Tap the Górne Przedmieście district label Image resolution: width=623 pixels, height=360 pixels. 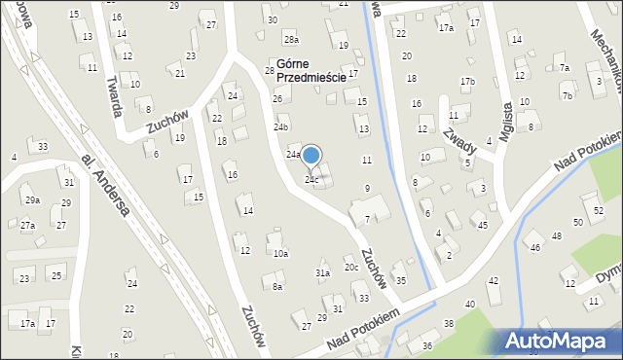(311, 71)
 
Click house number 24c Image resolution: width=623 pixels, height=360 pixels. (311, 180)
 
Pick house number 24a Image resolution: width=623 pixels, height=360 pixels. (293, 155)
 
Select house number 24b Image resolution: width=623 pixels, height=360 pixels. (281, 127)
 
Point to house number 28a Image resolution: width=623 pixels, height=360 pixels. (291, 40)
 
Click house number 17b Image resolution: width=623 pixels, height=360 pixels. (468, 81)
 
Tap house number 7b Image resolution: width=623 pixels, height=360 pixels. (567, 96)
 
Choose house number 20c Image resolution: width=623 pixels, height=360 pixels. (350, 268)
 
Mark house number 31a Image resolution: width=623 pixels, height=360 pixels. (322, 274)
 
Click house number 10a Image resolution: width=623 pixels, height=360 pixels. (280, 254)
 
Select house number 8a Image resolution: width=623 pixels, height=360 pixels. (277, 287)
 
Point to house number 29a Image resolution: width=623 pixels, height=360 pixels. (32, 199)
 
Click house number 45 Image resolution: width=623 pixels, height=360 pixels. (482, 226)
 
